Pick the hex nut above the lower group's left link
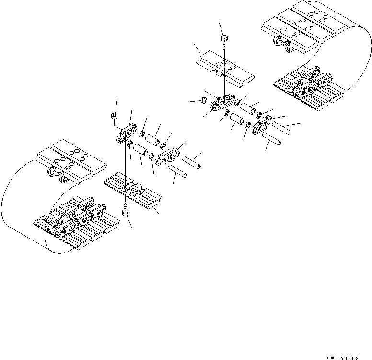(x=115, y=116)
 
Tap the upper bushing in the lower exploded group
(x=152, y=136)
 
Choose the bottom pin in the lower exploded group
(x=177, y=170)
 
